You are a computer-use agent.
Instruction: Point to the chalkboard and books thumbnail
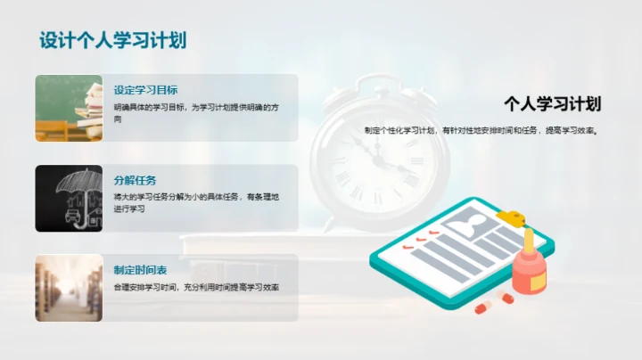click(69, 108)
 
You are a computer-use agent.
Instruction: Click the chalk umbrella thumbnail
click(69, 198)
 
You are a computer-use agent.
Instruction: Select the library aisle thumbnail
click(69, 288)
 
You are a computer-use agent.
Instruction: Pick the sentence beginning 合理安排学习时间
click(196, 288)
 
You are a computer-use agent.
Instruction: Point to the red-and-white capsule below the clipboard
click(482, 307)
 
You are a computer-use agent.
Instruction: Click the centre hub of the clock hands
click(376, 161)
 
